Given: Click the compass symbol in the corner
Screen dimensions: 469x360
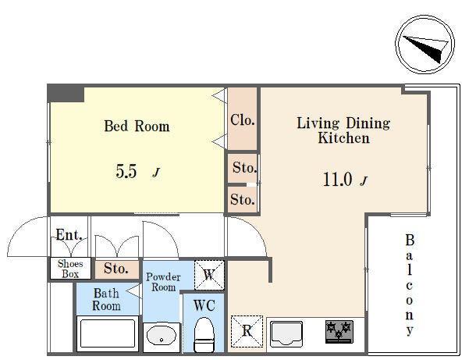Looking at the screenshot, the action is click(425, 44).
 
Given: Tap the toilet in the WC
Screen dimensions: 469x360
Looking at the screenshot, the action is click(204, 334).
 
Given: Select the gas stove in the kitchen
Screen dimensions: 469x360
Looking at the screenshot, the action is click(339, 332).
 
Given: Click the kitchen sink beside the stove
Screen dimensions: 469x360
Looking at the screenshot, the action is click(286, 333).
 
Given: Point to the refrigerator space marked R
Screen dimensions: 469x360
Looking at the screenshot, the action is click(247, 331).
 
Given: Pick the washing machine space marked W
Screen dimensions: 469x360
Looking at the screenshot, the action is click(209, 275).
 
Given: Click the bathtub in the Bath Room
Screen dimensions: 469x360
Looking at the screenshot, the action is click(108, 333).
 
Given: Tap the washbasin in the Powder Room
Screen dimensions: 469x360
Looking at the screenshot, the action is click(162, 337).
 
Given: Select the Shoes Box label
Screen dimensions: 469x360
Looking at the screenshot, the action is click(70, 269).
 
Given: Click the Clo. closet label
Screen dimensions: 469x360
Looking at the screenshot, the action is click(243, 120).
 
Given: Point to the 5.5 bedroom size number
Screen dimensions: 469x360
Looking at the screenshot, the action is click(126, 172).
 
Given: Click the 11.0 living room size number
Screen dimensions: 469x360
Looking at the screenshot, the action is click(337, 180).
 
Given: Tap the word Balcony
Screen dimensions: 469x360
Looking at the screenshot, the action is click(410, 285).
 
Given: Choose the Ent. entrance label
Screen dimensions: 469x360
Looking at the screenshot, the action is click(69, 235).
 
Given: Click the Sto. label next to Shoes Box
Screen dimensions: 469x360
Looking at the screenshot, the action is click(116, 269).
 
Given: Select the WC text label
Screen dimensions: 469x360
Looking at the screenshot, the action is click(204, 305).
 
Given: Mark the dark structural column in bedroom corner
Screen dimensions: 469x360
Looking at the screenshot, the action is click(66, 94).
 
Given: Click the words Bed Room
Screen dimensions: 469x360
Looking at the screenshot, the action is click(137, 126).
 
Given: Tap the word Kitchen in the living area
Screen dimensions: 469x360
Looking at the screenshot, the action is click(343, 138).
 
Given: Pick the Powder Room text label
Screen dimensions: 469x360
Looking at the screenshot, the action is click(163, 282).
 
